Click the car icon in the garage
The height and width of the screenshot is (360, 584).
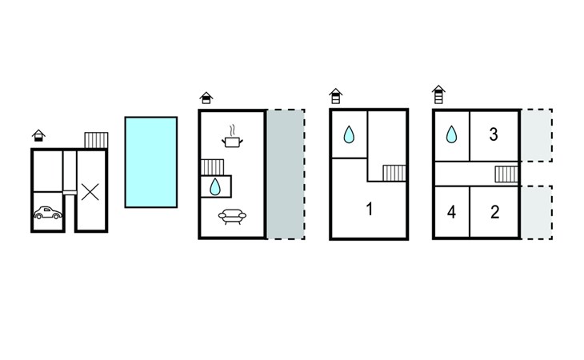[x=48, y=213]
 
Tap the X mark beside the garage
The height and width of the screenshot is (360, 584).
[x=91, y=191]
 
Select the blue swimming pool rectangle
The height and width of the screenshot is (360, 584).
[x=151, y=162]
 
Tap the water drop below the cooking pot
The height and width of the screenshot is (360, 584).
[x=214, y=186]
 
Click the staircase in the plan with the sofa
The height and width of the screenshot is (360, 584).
[x=211, y=166]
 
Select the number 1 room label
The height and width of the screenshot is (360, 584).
[x=369, y=210]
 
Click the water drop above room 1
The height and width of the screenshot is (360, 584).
[x=349, y=135]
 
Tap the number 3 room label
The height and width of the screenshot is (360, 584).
[x=494, y=135]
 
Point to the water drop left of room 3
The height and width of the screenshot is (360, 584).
[x=452, y=134]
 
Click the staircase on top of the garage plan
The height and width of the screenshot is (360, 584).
[x=96, y=140]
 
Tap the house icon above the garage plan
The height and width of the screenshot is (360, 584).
[x=38, y=134]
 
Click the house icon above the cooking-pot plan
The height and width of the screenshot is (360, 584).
[x=206, y=98]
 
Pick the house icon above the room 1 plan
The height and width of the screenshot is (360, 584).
[x=336, y=97]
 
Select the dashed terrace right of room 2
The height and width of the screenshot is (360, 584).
[x=538, y=212]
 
